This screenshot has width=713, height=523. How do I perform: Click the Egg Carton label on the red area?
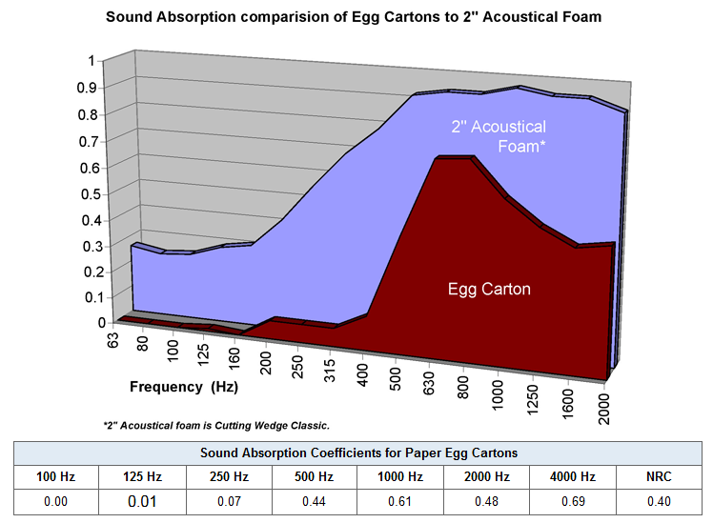tap(490, 289)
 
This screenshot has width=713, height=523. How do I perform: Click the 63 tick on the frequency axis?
tap(113, 338)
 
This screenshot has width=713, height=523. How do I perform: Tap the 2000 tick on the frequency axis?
tap(604, 409)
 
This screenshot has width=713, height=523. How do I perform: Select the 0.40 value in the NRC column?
tap(657, 500)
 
